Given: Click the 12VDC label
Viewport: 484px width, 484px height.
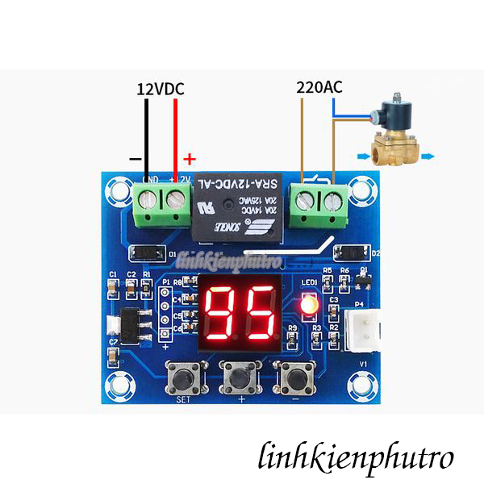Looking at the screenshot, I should point(161,89).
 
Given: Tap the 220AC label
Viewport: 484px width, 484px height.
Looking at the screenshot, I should point(319,86).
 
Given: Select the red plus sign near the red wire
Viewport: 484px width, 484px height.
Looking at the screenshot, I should point(190,159).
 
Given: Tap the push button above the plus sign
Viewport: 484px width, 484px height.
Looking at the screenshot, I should point(239,375).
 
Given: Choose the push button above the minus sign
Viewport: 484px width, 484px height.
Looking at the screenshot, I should point(296,375).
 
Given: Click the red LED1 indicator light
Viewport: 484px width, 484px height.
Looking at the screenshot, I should point(307,306).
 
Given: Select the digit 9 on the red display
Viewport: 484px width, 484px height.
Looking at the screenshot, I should point(220,313).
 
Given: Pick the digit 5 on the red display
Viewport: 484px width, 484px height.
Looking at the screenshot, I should point(259,313).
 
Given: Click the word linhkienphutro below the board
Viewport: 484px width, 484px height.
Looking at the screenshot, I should point(356,457).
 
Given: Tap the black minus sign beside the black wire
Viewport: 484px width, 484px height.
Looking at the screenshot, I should point(135,159).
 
